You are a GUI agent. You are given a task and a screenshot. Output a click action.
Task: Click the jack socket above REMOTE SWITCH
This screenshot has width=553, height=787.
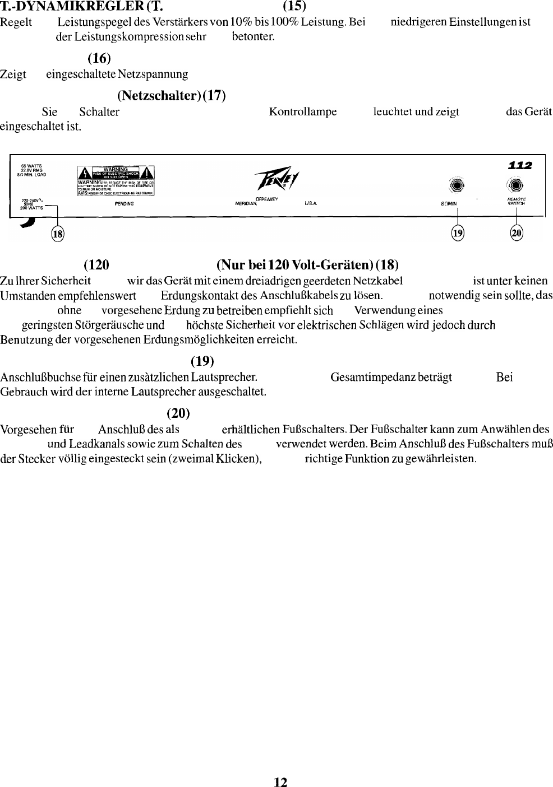point(515,186)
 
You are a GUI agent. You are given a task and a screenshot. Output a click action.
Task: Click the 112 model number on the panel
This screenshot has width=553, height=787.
point(520,165)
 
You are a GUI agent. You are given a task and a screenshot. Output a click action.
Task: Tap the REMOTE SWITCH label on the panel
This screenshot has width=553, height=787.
point(515,201)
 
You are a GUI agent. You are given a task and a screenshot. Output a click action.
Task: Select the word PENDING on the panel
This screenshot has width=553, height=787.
point(124,204)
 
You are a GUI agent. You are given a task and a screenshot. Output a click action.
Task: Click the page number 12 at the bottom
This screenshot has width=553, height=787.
point(280,783)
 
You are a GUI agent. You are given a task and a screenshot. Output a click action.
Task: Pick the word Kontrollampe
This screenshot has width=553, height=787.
point(303,111)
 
